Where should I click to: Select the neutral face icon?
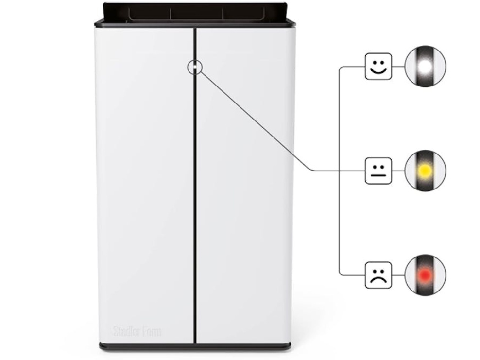(x=377, y=171)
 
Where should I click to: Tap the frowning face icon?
(x=377, y=275)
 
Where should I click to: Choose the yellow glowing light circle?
(x=425, y=171)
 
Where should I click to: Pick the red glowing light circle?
(x=425, y=275)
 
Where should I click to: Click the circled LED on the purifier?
(x=194, y=67)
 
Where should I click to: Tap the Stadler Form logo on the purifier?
(x=137, y=332)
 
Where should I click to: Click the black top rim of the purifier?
(x=194, y=13)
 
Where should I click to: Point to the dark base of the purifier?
(x=194, y=346)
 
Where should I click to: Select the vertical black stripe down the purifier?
(x=195, y=204)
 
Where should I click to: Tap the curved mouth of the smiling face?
(x=377, y=71)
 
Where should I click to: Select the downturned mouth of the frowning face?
(x=377, y=279)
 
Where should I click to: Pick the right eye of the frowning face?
(x=381, y=270)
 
